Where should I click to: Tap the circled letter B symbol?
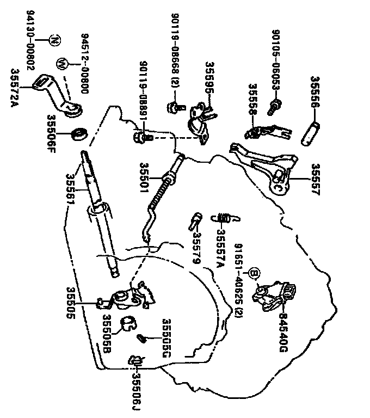(253, 273)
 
